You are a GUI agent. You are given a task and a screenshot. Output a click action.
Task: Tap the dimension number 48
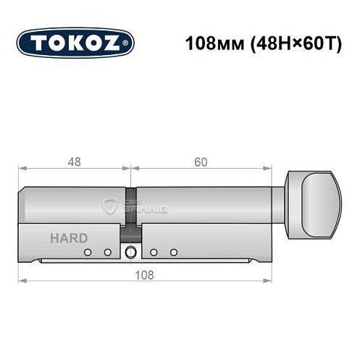(74, 162)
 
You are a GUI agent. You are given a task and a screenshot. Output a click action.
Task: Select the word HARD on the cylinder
(70, 238)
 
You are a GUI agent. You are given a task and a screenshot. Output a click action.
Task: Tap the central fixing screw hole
(130, 253)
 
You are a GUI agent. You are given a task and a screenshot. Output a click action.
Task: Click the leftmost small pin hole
(88, 253)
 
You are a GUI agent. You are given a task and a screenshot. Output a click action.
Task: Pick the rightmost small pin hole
(174, 253)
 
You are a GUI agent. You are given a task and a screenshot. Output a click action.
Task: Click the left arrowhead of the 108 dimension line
(22, 280)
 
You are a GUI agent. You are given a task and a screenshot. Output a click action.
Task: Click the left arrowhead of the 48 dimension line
(22, 169)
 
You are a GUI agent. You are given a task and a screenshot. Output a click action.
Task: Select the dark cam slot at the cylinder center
(131, 217)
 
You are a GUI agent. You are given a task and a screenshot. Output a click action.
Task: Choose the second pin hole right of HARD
(107, 253)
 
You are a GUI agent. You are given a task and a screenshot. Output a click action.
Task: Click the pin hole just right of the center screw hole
(154, 253)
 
